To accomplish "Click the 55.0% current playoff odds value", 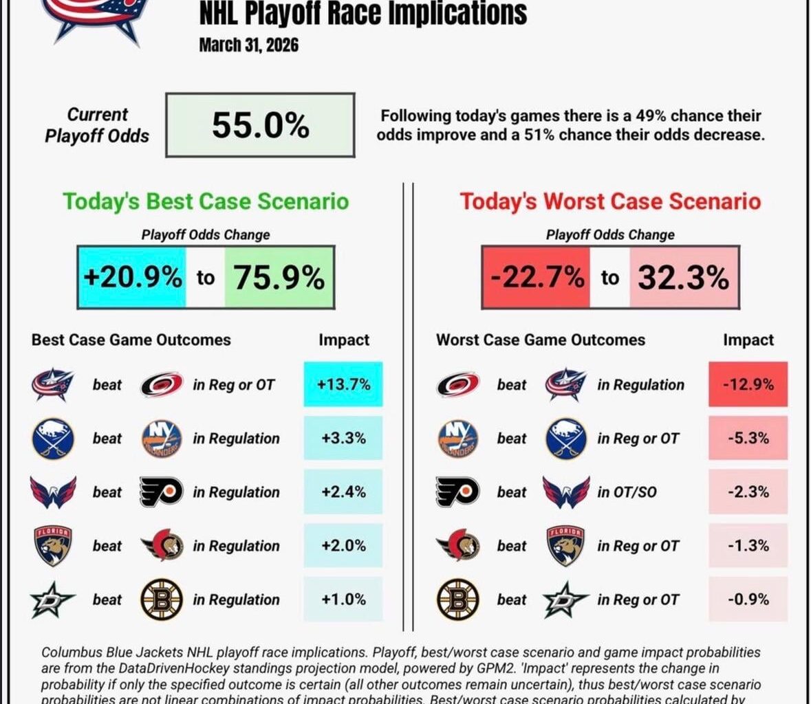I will pos(260,126).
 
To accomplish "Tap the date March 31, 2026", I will pos(248,45).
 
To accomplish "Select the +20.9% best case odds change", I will pos(133,278).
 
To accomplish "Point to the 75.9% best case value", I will pos(279,278).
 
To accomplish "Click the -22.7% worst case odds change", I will pos(537,278).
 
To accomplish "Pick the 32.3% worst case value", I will pos(683,278).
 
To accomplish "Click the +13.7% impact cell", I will pos(343,385).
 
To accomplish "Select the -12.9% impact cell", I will pos(748,385).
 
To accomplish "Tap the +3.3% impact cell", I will pos(343,439).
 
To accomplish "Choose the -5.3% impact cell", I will pos(748,439).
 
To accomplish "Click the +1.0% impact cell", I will pos(343,599).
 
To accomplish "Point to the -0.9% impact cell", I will pos(748,599).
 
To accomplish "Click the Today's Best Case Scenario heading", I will pos(206,201).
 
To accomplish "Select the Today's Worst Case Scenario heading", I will pos(610,201).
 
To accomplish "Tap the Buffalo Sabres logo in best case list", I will pos(52,439).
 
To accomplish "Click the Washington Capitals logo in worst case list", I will pos(565,492).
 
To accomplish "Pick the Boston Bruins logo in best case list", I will pos(161,599).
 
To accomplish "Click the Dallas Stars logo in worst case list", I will pos(565,599).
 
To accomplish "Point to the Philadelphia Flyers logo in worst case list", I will pos(457,492).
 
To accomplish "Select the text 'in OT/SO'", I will pos(627,492).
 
